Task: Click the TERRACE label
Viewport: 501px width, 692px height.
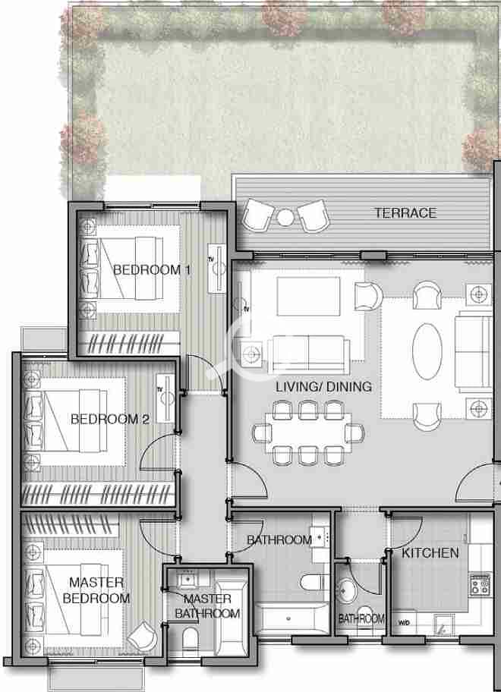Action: tap(405, 213)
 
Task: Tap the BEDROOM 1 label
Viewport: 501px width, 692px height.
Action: tap(152, 269)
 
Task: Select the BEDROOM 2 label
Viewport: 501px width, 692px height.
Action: tap(110, 419)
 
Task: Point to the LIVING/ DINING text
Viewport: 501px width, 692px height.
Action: tap(323, 387)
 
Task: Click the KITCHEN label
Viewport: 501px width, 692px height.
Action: tap(430, 553)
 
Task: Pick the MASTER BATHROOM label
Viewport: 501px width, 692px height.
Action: tap(207, 606)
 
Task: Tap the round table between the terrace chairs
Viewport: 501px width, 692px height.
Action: tap(285, 217)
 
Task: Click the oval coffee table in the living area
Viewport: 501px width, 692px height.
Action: tap(427, 351)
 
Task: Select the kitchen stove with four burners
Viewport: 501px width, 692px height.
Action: tap(481, 584)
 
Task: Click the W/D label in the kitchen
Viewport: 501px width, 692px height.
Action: tap(404, 623)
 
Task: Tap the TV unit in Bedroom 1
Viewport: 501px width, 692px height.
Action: tap(216, 268)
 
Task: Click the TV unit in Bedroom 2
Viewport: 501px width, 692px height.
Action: tap(165, 398)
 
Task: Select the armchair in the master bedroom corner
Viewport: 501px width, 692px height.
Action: tap(142, 636)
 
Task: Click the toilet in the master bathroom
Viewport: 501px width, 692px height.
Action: tap(191, 640)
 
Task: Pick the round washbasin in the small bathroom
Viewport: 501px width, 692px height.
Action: tap(348, 590)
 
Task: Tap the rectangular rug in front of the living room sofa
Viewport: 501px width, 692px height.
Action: tap(308, 296)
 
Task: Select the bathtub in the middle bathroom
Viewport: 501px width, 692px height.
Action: tap(292, 618)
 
